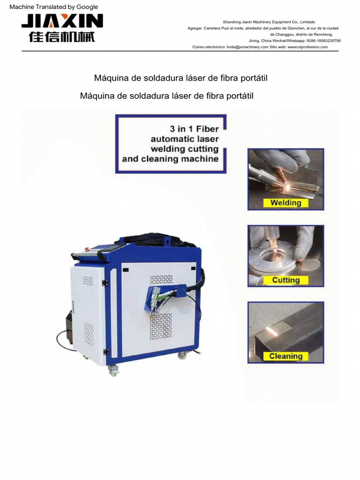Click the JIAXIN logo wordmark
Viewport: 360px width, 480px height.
coord(62,21)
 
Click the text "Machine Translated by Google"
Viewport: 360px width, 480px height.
coord(54,7)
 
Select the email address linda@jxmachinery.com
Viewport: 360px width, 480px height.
coord(247,47)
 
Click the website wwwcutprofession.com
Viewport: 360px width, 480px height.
coord(307,47)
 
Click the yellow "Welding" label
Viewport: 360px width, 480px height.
coord(285,203)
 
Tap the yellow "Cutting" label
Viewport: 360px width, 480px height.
coord(285,280)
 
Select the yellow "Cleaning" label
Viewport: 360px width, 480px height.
coord(285,356)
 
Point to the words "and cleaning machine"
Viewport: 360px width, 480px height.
coord(170,159)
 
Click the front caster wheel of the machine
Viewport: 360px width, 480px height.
coord(113,370)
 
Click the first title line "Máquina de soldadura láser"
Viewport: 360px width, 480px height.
coord(181,78)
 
